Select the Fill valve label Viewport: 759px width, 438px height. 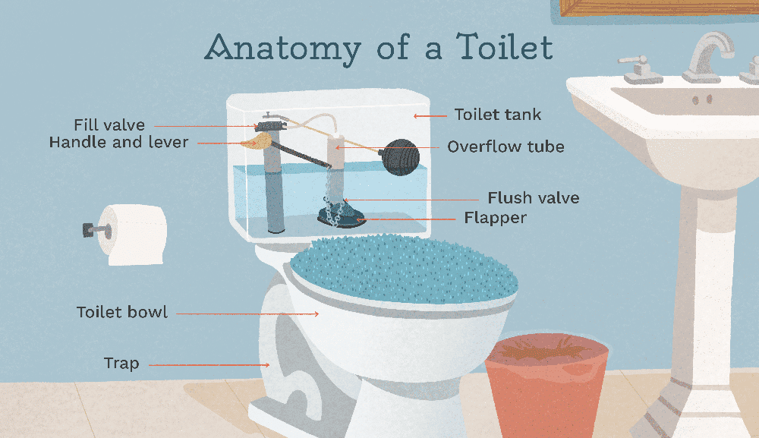point(109,124)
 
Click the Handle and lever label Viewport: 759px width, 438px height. point(118,142)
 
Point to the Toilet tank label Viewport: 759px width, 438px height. point(498,115)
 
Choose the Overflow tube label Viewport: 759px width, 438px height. point(505,147)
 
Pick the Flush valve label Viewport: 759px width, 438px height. point(534,197)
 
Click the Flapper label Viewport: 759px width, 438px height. point(495,218)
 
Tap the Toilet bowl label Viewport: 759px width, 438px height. point(122,312)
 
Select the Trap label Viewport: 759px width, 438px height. point(121,363)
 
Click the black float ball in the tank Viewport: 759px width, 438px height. point(399,157)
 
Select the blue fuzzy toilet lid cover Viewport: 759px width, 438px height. point(405,269)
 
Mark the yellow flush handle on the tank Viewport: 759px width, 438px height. point(255,141)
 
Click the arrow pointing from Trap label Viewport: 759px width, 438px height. point(209,365)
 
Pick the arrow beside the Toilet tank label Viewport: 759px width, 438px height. point(430,116)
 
